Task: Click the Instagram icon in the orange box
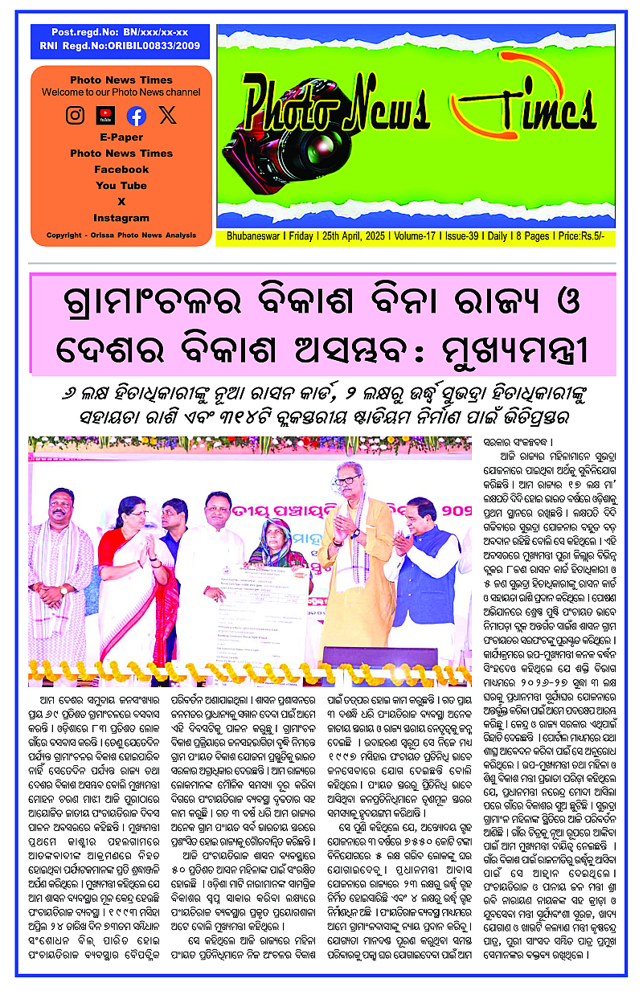pos(75,115)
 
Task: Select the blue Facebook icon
pos(137,115)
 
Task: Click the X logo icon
pos(167,115)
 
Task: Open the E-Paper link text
pos(121,137)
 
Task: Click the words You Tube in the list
pos(121,186)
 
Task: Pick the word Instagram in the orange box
pos(121,218)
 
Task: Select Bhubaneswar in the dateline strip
pos(249,237)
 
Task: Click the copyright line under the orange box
pos(121,235)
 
